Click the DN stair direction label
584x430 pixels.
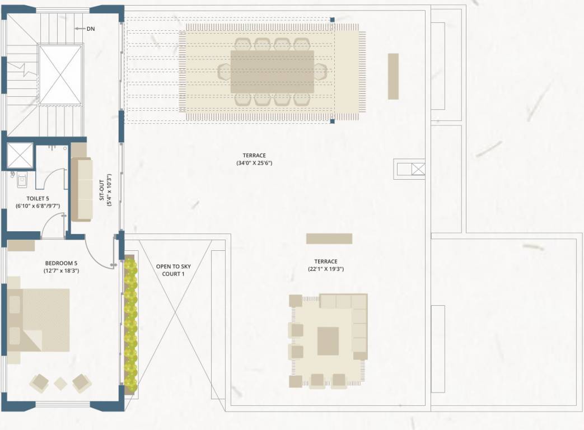(90, 29)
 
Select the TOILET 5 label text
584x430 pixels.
(38, 198)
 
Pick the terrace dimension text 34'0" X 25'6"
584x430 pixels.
(254, 163)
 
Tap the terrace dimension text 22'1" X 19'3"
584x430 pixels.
(325, 269)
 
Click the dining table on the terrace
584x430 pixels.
(272, 72)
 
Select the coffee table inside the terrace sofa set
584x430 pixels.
(328, 341)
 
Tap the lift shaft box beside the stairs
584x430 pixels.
(60, 74)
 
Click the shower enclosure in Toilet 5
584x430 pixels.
(20, 156)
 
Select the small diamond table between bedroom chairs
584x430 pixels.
(60, 384)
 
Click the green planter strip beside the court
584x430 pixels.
(130, 325)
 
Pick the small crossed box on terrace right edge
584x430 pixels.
(418, 169)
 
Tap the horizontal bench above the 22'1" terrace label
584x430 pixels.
(329, 239)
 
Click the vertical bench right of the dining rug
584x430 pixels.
(393, 76)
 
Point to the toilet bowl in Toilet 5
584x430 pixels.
(21, 180)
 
